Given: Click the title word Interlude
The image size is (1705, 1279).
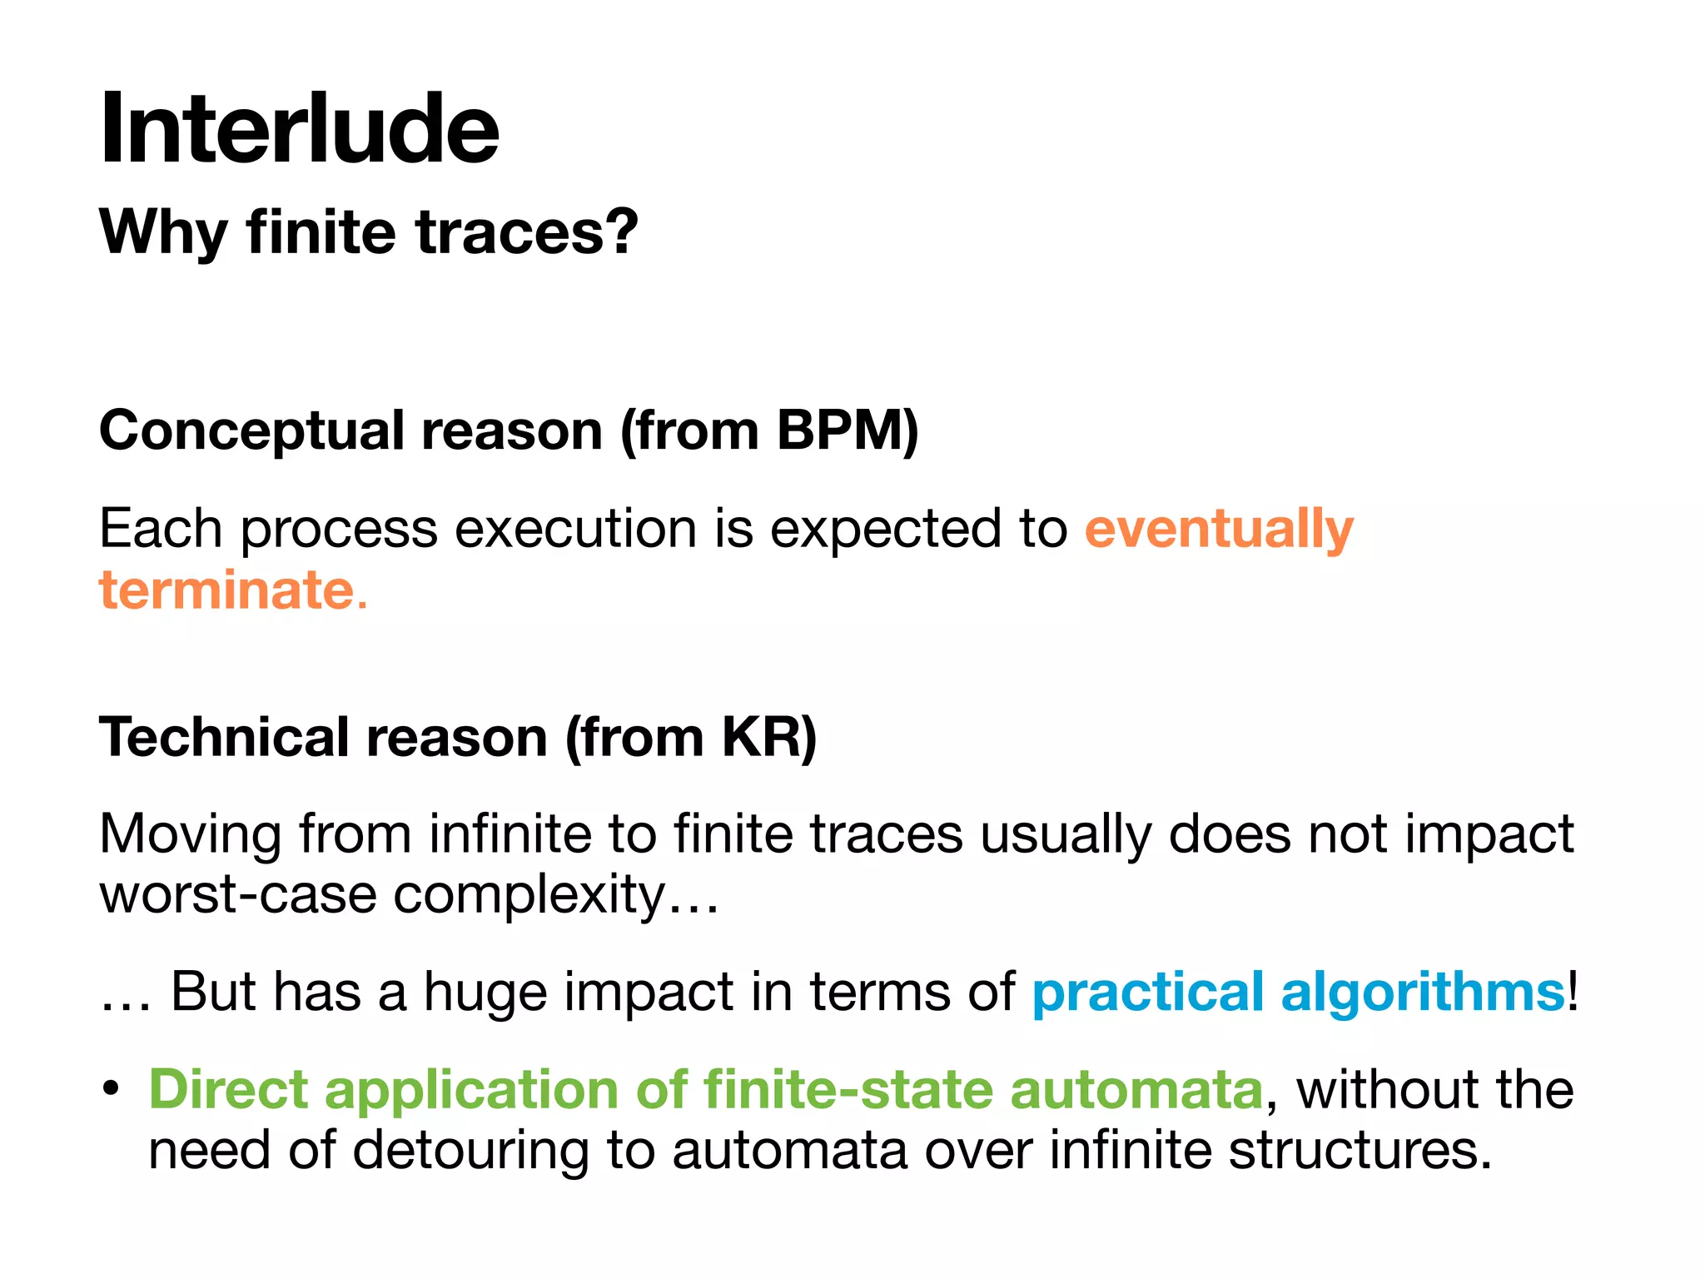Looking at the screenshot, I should pos(300,129).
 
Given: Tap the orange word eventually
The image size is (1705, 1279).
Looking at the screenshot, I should pos(1219,529).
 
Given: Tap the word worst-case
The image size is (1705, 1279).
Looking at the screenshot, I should pos(238,895).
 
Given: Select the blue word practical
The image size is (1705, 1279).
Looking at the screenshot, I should pos(1148,993).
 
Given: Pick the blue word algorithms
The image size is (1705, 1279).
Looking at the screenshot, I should pos(1423,993).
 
